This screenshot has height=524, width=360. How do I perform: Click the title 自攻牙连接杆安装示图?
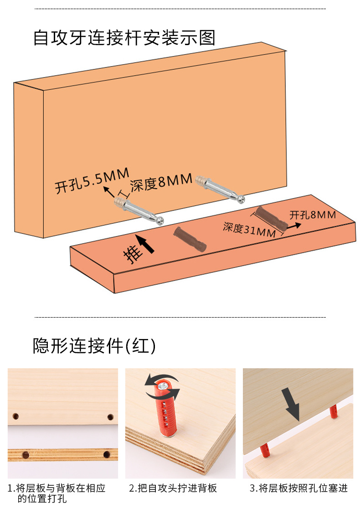(x=124, y=38)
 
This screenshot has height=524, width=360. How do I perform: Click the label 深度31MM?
(x=249, y=229)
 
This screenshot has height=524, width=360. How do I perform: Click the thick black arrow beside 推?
(x=146, y=245)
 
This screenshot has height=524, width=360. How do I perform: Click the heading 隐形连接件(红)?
(x=94, y=346)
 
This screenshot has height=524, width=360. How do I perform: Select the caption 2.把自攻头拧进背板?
(x=173, y=488)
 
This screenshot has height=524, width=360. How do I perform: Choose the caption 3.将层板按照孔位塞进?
(x=298, y=488)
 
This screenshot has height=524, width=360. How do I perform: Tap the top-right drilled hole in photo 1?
(x=110, y=416)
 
